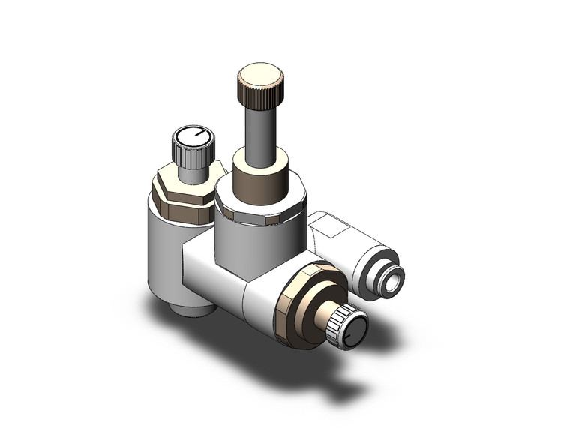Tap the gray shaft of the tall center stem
click(260, 131)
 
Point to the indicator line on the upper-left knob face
click(196, 136)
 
